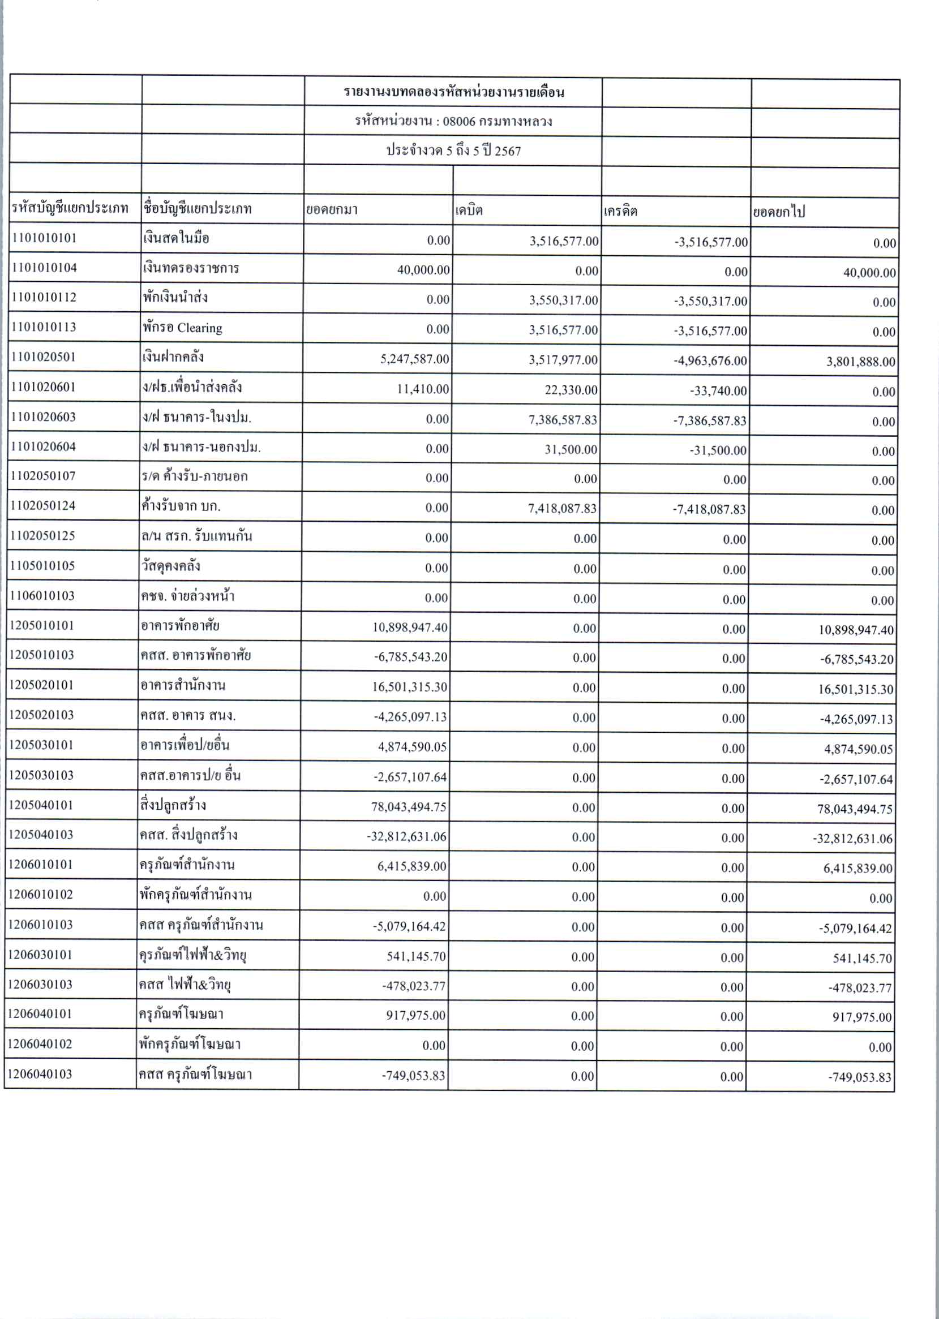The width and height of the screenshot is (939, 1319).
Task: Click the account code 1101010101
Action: click(44, 238)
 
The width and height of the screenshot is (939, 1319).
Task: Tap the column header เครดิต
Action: click(620, 211)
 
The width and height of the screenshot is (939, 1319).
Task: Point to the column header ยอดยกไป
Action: click(778, 212)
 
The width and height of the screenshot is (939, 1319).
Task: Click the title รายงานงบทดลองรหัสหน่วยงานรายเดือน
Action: click(454, 92)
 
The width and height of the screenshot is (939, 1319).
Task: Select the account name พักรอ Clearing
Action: click(183, 328)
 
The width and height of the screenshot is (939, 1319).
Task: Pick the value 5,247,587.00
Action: click(414, 359)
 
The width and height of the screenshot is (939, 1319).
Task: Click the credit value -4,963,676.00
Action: click(710, 361)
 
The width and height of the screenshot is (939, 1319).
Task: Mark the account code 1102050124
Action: click(44, 506)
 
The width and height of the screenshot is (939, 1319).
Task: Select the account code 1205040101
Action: click(41, 805)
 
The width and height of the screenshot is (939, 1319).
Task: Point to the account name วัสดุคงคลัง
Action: click(171, 566)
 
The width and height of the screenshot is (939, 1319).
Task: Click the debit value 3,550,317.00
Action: click(564, 300)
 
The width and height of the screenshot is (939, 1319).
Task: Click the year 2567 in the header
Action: click(508, 152)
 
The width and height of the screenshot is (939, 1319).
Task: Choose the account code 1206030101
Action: click(41, 954)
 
